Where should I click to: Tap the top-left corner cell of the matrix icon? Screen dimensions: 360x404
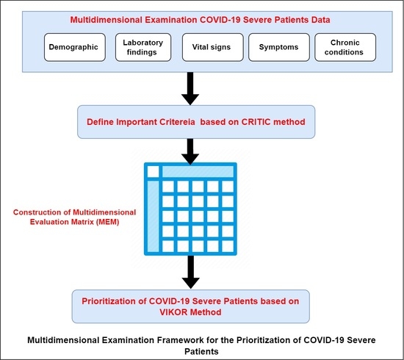[x=153, y=171]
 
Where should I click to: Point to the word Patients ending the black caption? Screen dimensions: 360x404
[x=201, y=352]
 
